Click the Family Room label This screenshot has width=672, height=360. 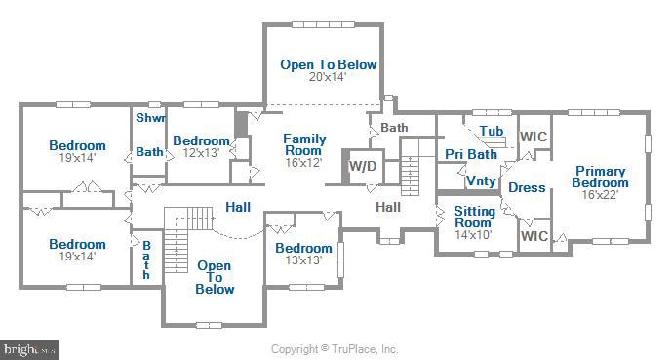pos(303,144)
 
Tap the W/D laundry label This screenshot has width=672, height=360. pos(362,166)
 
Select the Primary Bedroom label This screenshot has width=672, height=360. pos(600,177)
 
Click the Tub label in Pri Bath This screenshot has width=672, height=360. pos(491,131)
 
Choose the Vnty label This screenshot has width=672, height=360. pos(480,180)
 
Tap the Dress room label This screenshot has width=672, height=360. pos(528,187)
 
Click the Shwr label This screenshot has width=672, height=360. pos(150,118)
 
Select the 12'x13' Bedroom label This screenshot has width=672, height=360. pos(201,140)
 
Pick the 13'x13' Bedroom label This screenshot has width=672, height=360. pos(302,248)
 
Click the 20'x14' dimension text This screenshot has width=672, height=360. pos(328,77)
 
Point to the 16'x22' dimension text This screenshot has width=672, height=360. pos(600,194)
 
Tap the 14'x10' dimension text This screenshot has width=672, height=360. pos(473,234)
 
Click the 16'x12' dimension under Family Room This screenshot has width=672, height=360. pos(303,163)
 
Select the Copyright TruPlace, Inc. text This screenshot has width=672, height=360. pos(335,349)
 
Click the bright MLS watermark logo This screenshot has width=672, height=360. pos(29,348)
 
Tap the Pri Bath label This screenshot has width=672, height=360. pos(471,154)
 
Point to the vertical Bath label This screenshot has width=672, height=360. pos(146,260)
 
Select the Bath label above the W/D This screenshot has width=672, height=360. pos(394,128)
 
